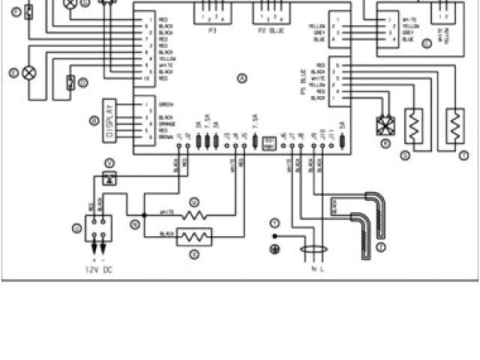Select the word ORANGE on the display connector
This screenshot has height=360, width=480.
tap(168, 123)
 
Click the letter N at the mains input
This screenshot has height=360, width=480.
tap(313, 268)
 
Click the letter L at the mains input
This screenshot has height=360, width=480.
tap(322, 268)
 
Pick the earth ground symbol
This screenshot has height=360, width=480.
tap(274, 249)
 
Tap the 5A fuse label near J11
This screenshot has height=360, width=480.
tap(341, 125)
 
